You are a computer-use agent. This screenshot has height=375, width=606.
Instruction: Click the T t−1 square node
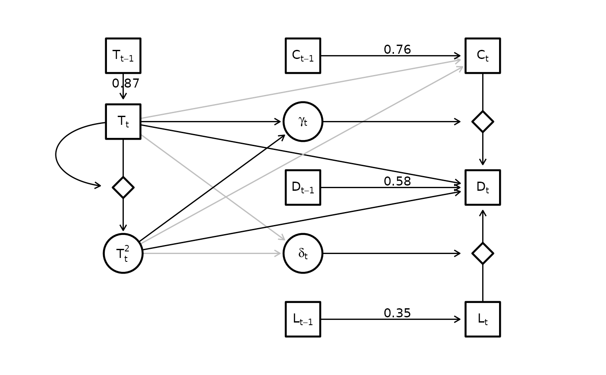click(123, 55)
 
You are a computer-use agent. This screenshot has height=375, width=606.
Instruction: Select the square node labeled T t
click(123, 122)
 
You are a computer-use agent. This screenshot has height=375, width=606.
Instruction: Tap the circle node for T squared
click(123, 253)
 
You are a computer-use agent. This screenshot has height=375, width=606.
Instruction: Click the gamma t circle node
click(303, 122)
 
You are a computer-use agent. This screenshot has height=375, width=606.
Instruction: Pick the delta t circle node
click(303, 253)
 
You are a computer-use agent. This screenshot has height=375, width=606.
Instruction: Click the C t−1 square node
click(303, 55)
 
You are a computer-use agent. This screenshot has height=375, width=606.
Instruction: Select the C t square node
click(483, 55)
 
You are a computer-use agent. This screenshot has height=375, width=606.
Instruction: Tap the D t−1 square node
click(303, 187)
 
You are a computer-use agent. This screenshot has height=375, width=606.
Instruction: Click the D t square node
click(483, 187)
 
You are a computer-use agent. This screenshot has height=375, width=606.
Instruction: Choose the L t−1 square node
click(303, 319)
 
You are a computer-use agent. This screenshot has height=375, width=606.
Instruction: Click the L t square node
click(483, 319)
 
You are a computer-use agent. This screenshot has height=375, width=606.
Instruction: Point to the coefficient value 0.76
click(397, 49)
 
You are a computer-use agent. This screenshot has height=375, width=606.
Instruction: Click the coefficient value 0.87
click(126, 83)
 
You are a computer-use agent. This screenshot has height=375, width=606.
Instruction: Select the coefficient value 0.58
click(397, 181)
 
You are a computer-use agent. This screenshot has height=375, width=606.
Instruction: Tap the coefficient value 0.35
click(397, 313)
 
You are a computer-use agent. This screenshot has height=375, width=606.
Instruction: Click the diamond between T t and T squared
click(123, 187)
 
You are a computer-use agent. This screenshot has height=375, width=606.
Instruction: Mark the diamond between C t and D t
click(483, 122)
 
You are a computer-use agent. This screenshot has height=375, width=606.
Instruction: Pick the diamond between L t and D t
click(483, 253)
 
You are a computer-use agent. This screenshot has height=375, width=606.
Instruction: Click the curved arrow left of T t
click(56, 154)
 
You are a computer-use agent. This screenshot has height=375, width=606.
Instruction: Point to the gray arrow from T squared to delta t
click(212, 253)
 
